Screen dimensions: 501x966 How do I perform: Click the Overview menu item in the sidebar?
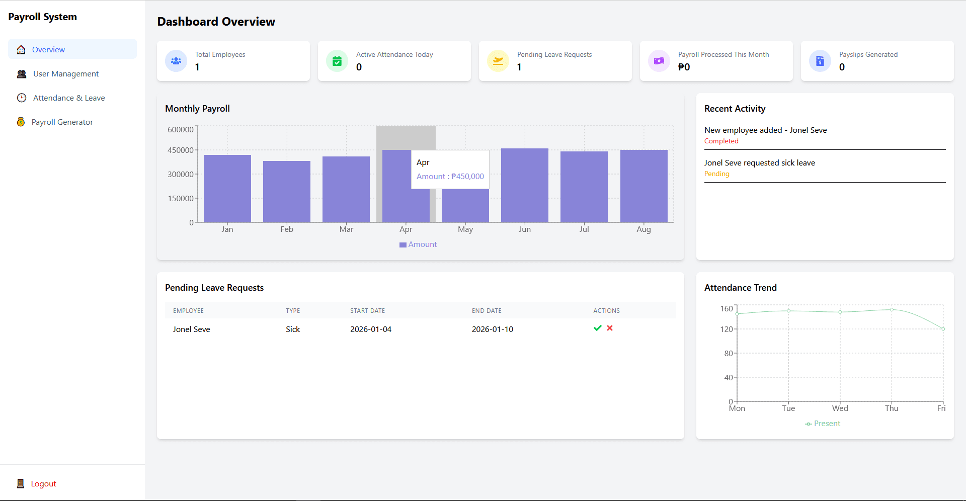[x=48, y=49]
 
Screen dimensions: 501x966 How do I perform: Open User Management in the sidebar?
[x=65, y=73]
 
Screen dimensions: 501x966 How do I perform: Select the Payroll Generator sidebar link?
[x=62, y=122]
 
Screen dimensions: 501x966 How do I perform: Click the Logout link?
[x=43, y=483]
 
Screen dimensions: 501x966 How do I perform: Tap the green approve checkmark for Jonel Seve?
[x=597, y=328]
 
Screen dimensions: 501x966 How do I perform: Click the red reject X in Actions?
[x=610, y=328]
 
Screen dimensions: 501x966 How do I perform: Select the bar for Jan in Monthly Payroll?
[x=227, y=189]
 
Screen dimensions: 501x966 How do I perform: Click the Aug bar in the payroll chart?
[x=643, y=186]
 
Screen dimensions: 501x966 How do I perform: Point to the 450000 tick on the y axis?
[x=181, y=150]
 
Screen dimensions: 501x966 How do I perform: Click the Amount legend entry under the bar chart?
[x=418, y=244]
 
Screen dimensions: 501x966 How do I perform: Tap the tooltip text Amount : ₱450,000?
[x=450, y=177]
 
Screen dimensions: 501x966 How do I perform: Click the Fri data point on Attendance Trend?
[x=943, y=329]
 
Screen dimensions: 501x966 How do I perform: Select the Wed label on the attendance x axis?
[x=840, y=408]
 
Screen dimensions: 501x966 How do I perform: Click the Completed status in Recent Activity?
[x=721, y=141]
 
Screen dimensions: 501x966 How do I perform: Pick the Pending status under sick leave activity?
[x=716, y=174]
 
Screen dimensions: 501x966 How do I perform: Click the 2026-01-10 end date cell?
[x=492, y=329]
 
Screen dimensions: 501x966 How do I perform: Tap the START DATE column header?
[x=367, y=311]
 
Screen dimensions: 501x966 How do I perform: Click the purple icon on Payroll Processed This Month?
[x=659, y=61]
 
